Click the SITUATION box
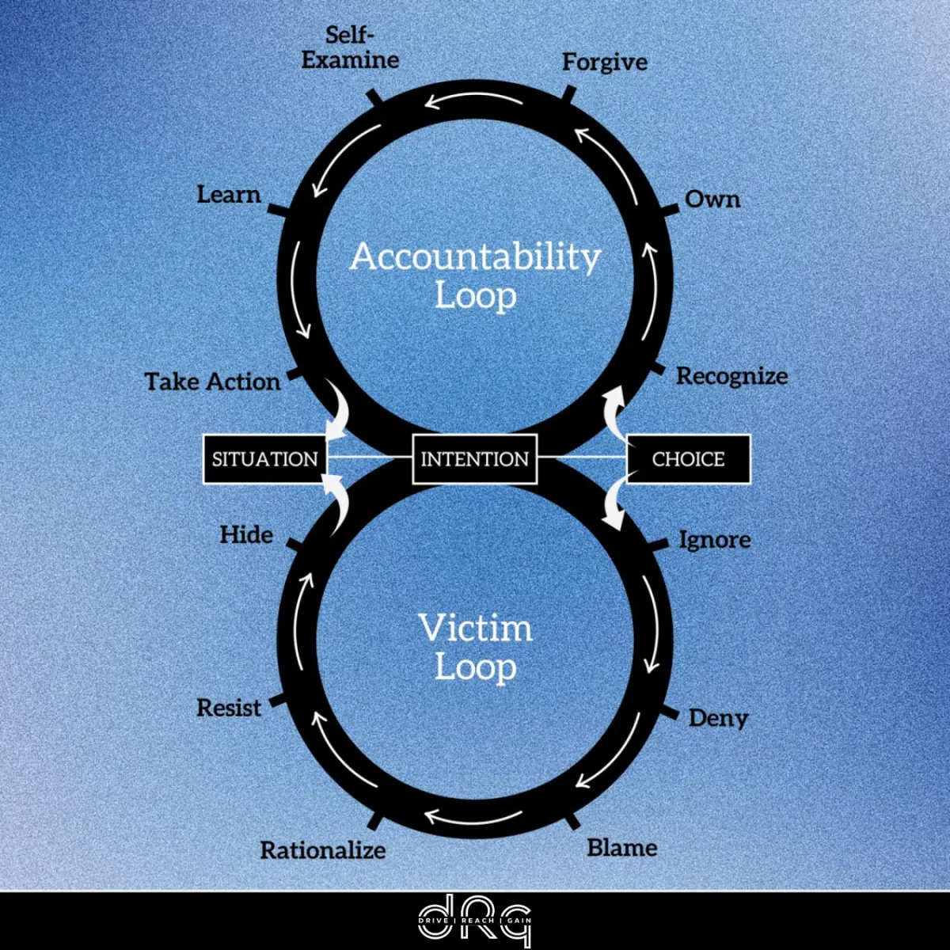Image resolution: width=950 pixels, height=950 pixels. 264,459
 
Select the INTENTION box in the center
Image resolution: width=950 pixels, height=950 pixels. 475,459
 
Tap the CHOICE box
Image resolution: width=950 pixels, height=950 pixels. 688,459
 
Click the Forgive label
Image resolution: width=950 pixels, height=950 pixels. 605,63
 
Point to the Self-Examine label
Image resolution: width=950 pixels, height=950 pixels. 350,48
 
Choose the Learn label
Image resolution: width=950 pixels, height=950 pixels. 229,195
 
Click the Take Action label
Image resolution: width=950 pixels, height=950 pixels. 212,382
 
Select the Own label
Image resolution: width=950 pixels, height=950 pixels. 712,199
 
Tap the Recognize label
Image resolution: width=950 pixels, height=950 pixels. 731,376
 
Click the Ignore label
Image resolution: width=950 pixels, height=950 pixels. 715,540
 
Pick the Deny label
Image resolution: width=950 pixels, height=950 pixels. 718,718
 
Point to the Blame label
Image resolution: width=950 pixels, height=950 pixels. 622,848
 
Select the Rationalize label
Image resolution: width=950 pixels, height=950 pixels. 323,850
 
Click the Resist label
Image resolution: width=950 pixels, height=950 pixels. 229,707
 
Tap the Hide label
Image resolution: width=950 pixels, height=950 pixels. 246,534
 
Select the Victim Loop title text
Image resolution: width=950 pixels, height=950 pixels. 475,648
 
